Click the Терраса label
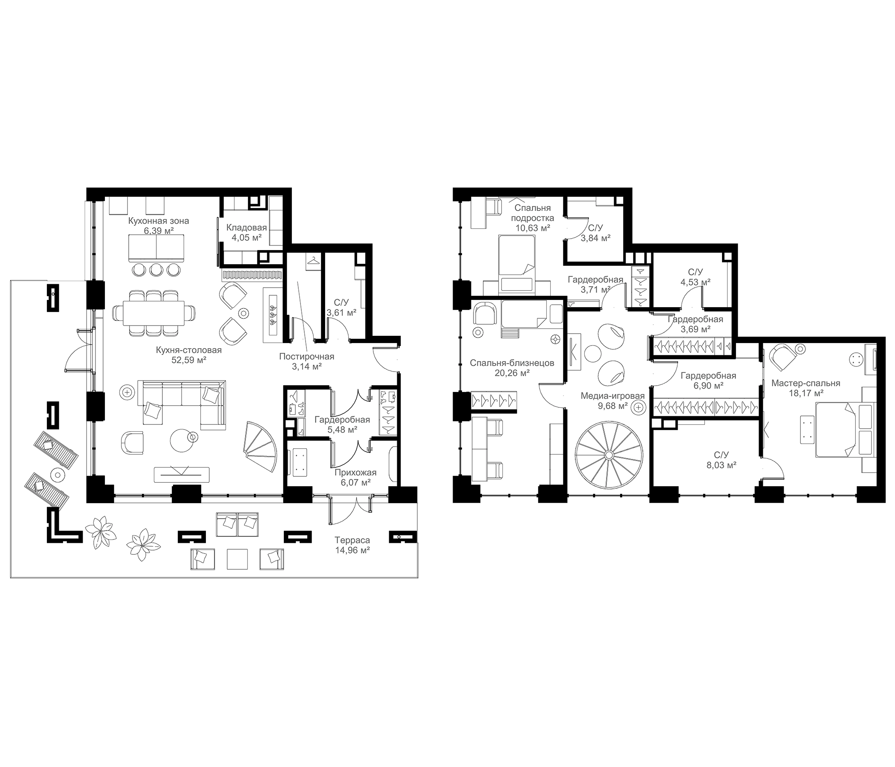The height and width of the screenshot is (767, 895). click(352, 540)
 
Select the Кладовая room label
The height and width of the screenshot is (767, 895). click(247, 228)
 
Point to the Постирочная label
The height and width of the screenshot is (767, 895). click(307, 356)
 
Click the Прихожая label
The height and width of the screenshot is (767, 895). click(355, 473)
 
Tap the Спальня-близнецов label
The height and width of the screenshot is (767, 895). click(512, 363)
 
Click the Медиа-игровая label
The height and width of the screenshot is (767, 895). click(612, 396)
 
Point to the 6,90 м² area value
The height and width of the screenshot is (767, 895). click(709, 386)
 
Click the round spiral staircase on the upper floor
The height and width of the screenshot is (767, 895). click(608, 455)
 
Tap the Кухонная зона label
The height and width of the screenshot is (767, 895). click(159, 221)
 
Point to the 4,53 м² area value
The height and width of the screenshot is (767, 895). click(696, 283)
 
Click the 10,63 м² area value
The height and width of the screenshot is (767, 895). click(533, 228)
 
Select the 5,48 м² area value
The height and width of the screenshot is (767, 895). click(342, 430)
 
